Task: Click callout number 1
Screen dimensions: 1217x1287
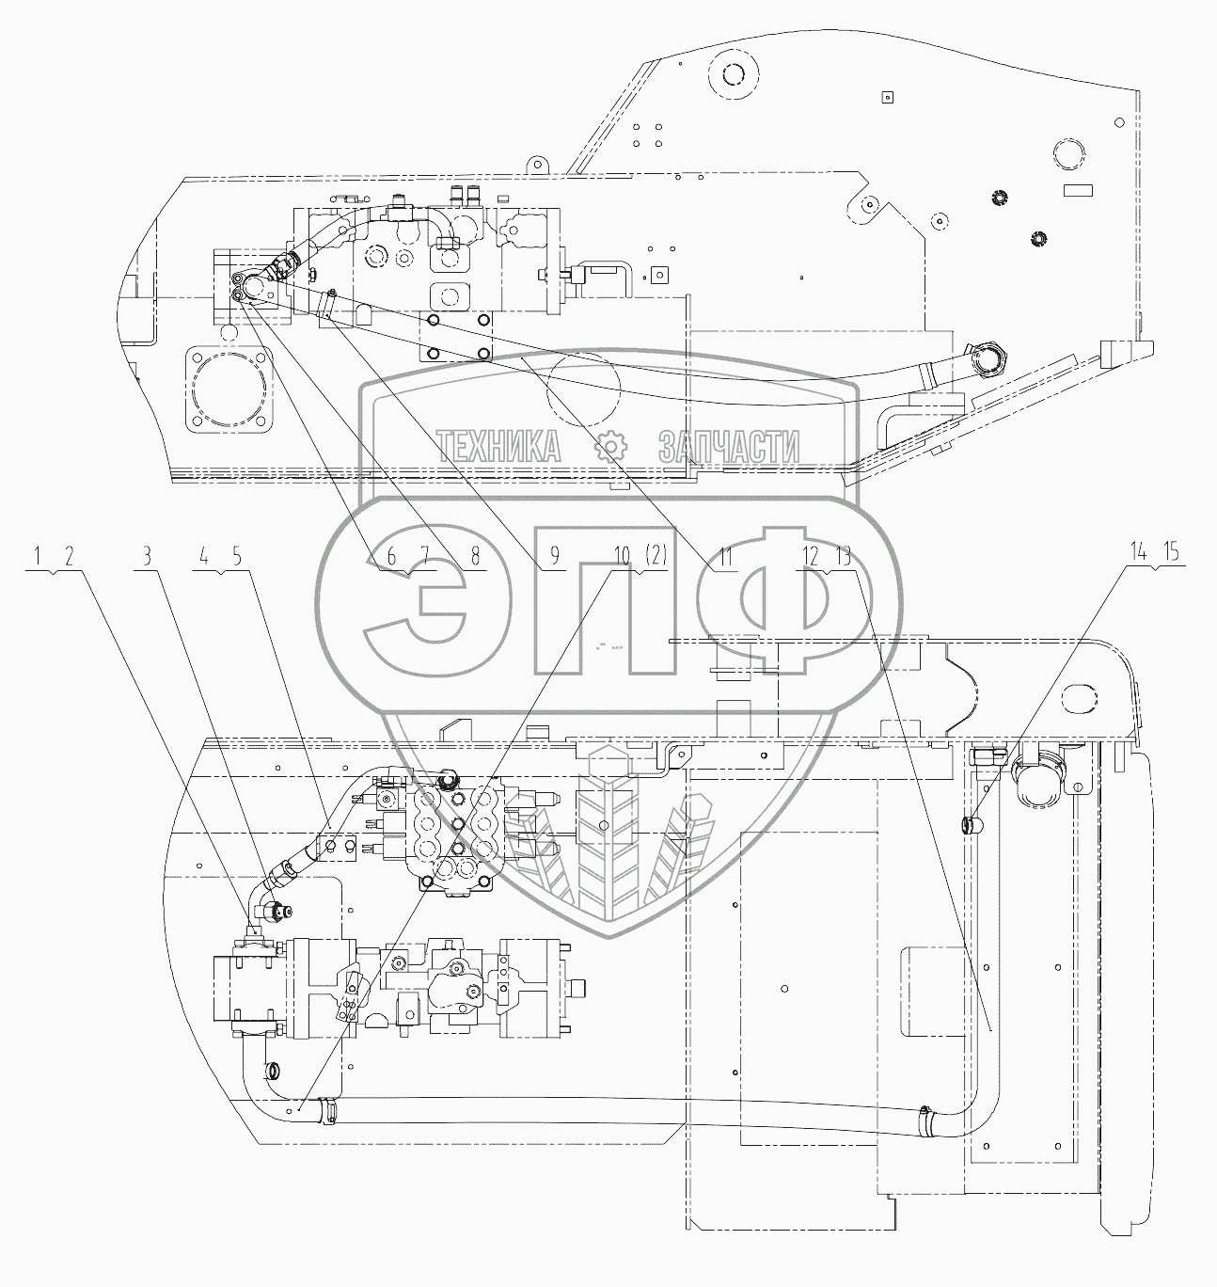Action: point(38,557)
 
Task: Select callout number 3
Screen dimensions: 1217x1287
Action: point(148,557)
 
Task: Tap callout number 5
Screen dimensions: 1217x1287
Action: point(236,557)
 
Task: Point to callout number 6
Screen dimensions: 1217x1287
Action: point(391,557)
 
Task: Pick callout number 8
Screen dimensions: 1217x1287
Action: point(475,557)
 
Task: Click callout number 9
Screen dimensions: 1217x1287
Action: point(555,557)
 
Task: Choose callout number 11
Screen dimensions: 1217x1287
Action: point(725,557)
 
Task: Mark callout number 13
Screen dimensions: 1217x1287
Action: point(844,557)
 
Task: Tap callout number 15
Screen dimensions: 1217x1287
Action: point(1171,552)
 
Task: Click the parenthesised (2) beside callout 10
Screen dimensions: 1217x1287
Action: point(656,556)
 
